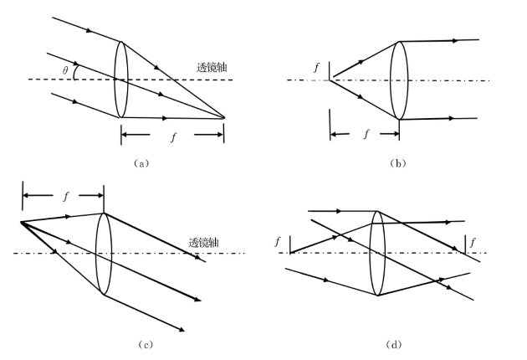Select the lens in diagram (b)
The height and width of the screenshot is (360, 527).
pyautogui.click(x=399, y=80)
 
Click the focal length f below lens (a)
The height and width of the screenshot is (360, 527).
pyautogui.click(x=173, y=136)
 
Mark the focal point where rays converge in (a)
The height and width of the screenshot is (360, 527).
pyautogui.click(x=224, y=119)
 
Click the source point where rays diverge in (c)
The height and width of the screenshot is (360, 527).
pyautogui.click(x=20, y=223)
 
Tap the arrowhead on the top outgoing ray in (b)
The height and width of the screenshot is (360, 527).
pyautogui.click(x=453, y=39)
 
